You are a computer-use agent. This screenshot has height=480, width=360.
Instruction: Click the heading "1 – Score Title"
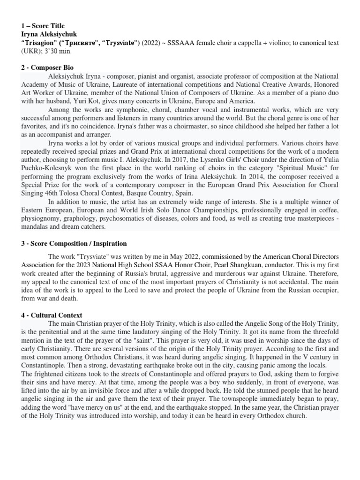point(43,26)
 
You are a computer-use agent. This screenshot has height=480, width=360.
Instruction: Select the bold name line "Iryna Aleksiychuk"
point(49,34)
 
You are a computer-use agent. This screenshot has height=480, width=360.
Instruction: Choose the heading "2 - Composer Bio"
point(47,68)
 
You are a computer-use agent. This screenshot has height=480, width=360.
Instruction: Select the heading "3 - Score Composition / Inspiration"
point(74,244)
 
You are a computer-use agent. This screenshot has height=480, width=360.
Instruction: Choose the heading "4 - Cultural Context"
point(51,315)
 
